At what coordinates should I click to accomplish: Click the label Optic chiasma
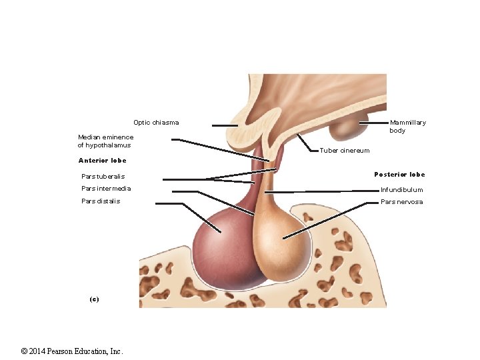point(156,123)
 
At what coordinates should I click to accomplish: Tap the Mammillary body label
point(407,126)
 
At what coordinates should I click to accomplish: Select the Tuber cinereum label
point(344,151)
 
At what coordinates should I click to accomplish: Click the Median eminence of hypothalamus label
point(105,141)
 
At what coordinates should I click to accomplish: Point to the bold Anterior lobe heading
point(102,161)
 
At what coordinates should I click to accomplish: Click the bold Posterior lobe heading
point(399,175)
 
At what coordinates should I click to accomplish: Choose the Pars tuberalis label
point(103,177)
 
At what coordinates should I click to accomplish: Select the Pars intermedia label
point(106,189)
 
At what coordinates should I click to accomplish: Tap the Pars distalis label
point(101,201)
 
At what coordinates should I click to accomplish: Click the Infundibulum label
point(401,190)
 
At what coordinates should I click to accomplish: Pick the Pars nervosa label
point(401,202)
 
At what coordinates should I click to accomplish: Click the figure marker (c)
point(94,299)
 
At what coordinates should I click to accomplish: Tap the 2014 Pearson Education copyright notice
point(71,351)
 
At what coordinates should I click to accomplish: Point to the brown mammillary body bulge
point(345,127)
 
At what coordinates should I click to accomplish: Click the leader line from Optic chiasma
point(225,125)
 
